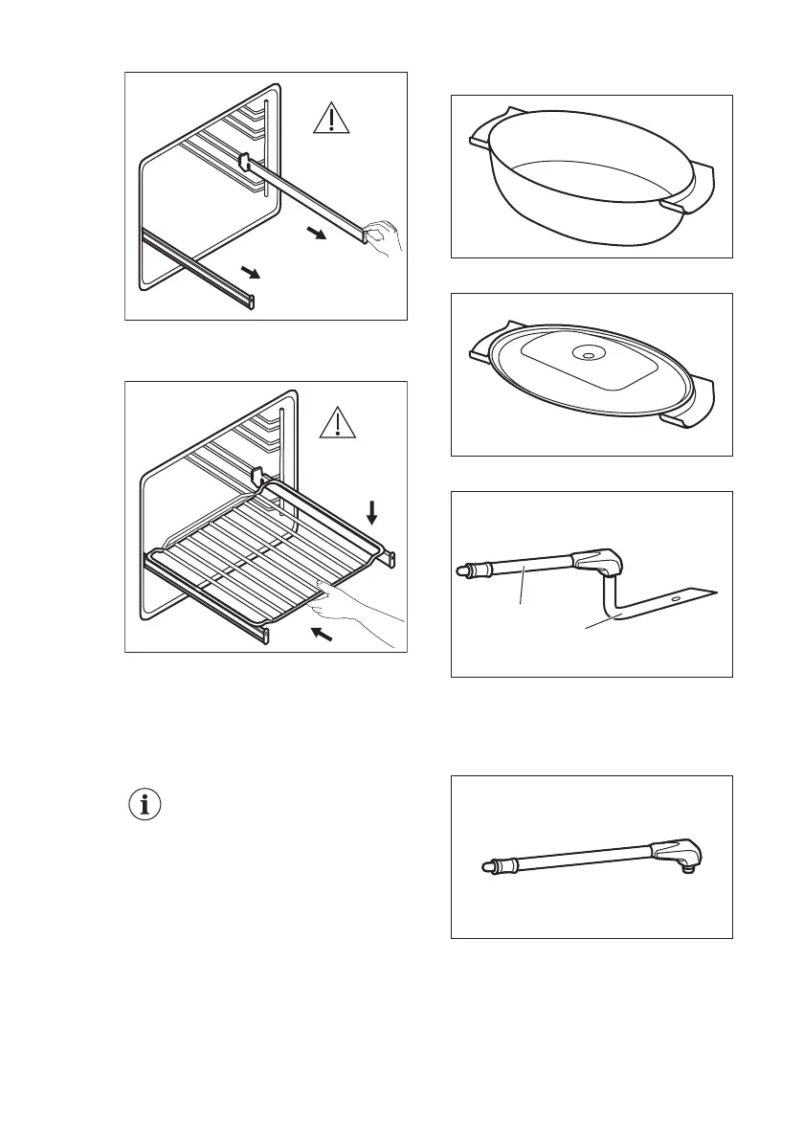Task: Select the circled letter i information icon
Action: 145,805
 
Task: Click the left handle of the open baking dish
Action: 481,139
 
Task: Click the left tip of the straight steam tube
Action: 484,867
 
